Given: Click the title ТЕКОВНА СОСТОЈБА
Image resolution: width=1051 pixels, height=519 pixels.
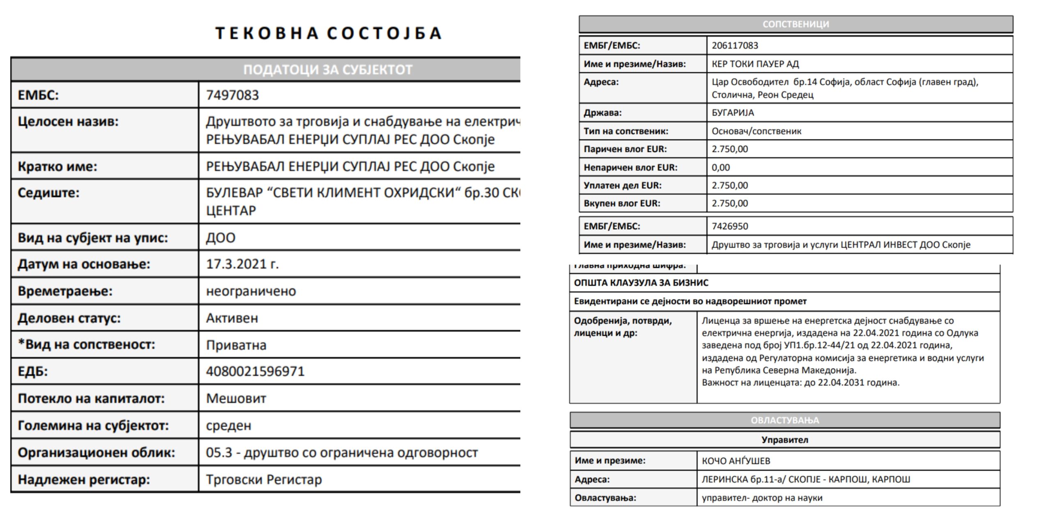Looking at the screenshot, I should coord(328,33).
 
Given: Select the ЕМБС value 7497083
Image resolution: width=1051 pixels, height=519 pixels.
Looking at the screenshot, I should coord(232,95).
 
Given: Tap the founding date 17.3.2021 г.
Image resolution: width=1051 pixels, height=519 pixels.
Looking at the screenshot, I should coord(242,264).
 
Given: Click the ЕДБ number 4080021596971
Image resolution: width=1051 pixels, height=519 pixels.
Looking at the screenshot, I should coord(255,372).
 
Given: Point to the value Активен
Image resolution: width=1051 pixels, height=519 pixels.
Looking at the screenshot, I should coord(232,318).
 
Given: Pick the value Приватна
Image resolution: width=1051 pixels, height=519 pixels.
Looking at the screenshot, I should coord(236,345).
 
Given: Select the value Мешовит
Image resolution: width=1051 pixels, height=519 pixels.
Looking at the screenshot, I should coord(236,398).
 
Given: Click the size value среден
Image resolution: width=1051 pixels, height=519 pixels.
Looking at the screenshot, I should coord(228,425).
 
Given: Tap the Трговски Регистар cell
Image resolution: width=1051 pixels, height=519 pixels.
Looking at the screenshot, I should coord(264,480).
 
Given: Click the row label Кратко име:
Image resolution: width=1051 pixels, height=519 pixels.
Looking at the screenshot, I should coord(57,167).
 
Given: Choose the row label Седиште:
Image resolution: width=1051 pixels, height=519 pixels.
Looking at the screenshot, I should coord(48,193).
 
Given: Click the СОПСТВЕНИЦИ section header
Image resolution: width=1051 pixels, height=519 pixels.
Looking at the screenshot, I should coord(796,24).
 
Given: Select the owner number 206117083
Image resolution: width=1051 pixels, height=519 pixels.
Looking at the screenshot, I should coord(735,46).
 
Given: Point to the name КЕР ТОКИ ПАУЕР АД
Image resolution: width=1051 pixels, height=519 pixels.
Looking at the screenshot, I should coord(755,64).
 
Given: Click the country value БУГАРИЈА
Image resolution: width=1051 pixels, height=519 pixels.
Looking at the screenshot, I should coord(733,113).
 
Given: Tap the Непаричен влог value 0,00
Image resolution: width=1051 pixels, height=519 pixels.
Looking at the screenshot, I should coord(721,168).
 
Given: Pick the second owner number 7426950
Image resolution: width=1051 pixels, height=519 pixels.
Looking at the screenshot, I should coord(730,226).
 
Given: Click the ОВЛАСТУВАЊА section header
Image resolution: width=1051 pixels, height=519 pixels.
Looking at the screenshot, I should coord(785,420).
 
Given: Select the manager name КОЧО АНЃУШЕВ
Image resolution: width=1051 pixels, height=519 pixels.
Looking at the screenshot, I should coord(736,461).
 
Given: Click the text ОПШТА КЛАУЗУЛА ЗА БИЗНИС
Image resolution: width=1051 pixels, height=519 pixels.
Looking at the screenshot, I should coord(641,283).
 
